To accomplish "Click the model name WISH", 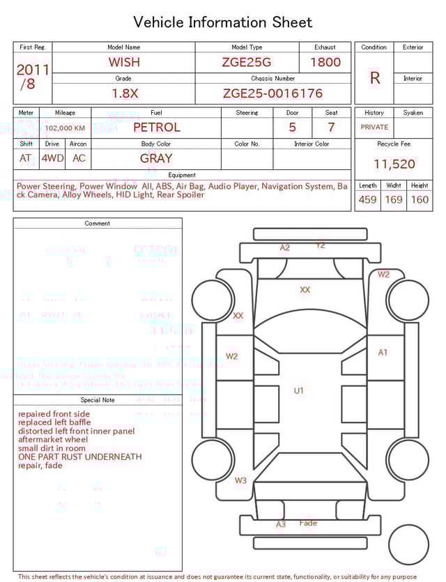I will coord(124,62).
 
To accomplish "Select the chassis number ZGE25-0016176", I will coord(272,93).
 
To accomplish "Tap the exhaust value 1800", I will coord(325,62).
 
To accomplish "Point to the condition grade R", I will coord(374,78).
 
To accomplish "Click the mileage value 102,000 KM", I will coord(66,128).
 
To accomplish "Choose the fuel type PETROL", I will coord(156,128).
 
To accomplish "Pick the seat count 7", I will coord(331,128).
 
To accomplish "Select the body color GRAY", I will coord(156,158).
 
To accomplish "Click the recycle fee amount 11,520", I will coord(394,164).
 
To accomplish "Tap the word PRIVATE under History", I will coord(374,128).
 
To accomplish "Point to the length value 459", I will coord(367,200).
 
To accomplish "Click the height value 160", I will coord(420,200).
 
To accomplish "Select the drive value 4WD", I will coord(52,158).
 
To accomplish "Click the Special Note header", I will coord(98,400).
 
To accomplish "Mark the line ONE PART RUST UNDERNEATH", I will coord(79,457).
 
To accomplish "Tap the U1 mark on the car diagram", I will coord(298,391).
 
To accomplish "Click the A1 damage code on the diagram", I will coord(383,353).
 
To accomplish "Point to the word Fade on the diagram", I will coord(308,523).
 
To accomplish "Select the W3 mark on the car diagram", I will coord(240,480).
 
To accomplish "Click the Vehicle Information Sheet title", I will coord(223,22).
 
